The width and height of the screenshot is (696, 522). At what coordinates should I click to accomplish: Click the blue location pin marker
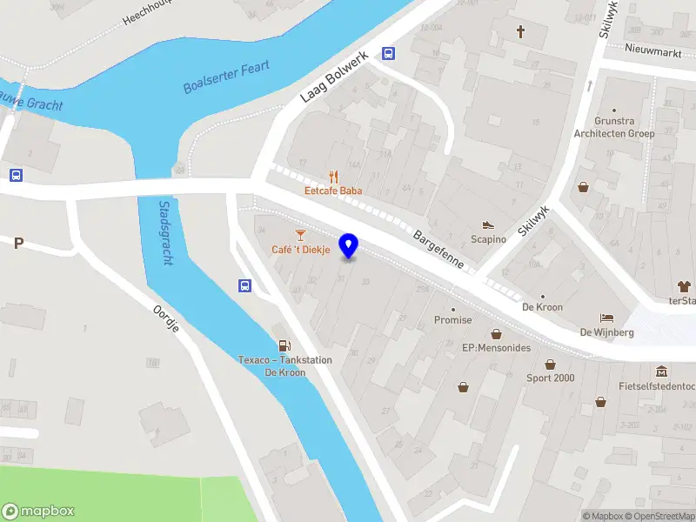(349, 245)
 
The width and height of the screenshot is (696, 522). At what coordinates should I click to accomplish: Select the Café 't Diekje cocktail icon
(300, 235)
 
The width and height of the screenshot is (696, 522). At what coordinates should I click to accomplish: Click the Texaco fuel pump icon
(283, 346)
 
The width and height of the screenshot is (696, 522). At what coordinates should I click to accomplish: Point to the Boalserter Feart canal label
(227, 77)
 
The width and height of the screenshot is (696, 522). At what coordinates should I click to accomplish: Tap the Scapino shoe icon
(488, 225)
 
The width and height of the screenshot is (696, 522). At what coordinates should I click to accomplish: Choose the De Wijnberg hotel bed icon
(605, 318)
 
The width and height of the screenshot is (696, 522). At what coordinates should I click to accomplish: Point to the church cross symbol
(521, 32)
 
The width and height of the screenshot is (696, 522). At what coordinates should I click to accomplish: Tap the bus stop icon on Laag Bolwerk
(388, 52)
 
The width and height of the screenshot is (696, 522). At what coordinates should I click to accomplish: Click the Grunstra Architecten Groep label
(613, 127)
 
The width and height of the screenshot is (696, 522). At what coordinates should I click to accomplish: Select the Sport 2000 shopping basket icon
(550, 365)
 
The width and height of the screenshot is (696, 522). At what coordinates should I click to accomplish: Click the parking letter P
(17, 244)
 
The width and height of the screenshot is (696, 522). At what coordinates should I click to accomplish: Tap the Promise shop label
(452, 319)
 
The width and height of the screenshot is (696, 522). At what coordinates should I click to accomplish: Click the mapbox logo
(39, 512)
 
